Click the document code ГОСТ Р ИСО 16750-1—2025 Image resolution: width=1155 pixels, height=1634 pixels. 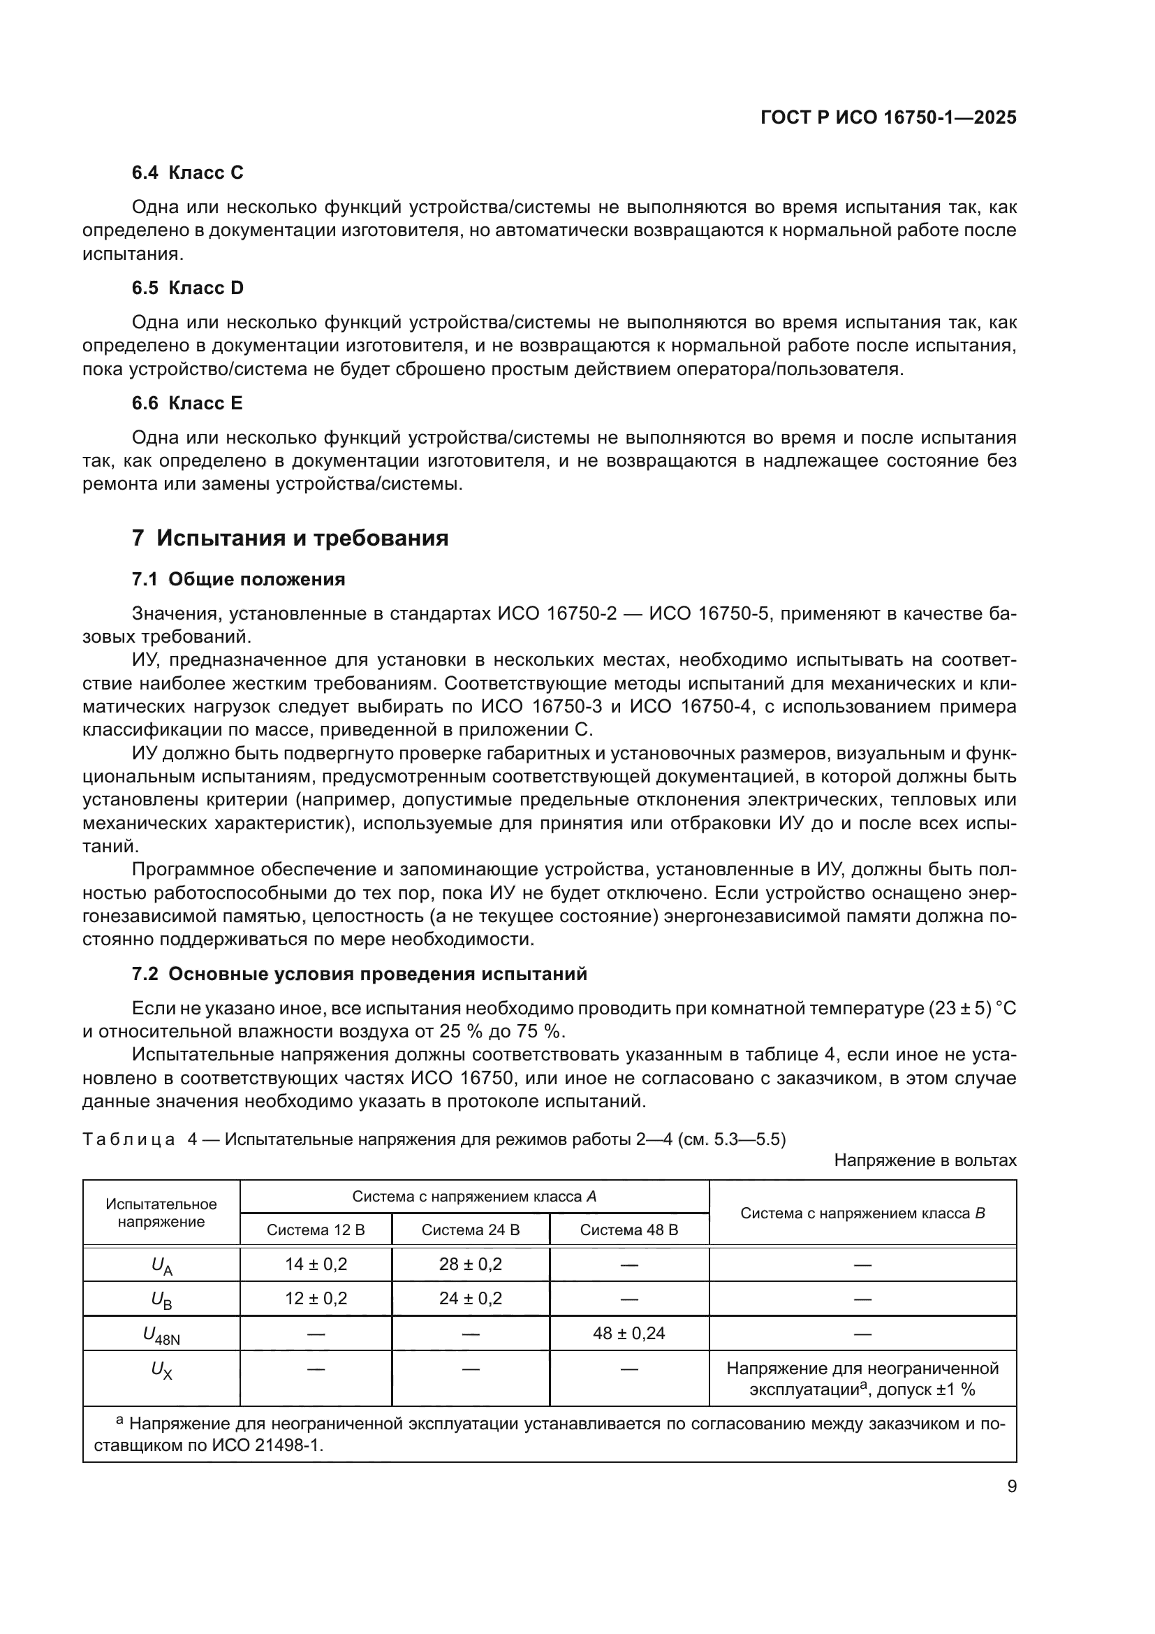pyautogui.click(x=888, y=117)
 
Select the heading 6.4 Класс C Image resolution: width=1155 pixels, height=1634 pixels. pyautogui.click(x=187, y=173)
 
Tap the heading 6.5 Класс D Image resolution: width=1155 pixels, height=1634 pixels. pyautogui.click(x=187, y=289)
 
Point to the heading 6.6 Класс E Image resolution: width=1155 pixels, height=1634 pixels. pyautogui.click(x=187, y=404)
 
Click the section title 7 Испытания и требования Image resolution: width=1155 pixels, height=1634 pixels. pyautogui.click(x=290, y=538)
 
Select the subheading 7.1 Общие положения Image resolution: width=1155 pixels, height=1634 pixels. pyautogui.click(x=238, y=579)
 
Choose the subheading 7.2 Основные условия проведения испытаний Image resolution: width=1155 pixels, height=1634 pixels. pyautogui.click(x=359, y=975)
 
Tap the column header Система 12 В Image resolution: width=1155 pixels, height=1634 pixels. pyautogui.click(x=316, y=1230)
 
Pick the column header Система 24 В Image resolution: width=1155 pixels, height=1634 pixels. pyautogui.click(x=471, y=1230)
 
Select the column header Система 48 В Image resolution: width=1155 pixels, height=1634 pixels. pyautogui.click(x=629, y=1230)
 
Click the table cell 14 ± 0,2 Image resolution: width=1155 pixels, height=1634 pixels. pyautogui.click(x=316, y=1264)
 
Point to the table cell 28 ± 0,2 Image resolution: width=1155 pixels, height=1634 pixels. pyautogui.click(x=471, y=1264)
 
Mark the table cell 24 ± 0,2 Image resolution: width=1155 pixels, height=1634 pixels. pyautogui.click(x=471, y=1299)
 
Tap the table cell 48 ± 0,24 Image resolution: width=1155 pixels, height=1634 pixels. pyautogui.click(x=629, y=1334)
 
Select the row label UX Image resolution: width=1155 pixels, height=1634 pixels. pyautogui.click(x=161, y=1370)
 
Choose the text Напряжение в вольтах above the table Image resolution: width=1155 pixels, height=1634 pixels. pyautogui.click(x=925, y=1161)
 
